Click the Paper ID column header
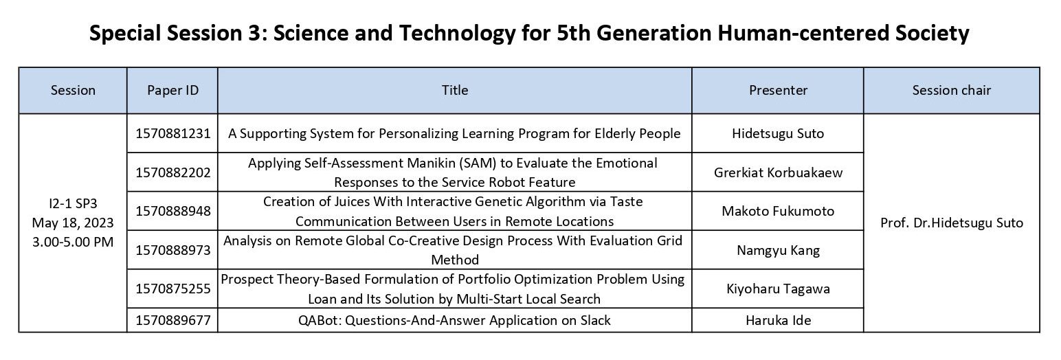(172, 90)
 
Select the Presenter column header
(778, 90)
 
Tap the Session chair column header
(951, 90)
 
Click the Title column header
(455, 90)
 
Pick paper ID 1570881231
(173, 133)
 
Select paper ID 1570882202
(173, 172)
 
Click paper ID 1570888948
(173, 211)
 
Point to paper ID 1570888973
(173, 250)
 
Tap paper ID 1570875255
(173, 289)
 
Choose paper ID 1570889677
(173, 320)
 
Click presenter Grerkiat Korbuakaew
(778, 172)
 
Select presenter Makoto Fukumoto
(778, 211)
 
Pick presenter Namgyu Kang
(778, 250)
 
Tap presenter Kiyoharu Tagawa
(778, 289)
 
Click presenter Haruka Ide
(778, 320)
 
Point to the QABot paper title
(454, 320)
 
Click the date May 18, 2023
(72, 223)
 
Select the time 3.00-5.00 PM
(72, 242)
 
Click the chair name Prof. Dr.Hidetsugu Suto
(951, 223)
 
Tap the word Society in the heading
(932, 33)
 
